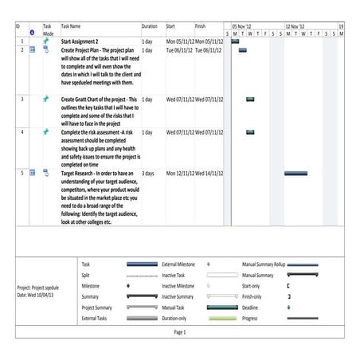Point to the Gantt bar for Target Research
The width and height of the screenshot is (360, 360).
(x=295, y=173)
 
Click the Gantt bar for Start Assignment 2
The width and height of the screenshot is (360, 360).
(x=235, y=41)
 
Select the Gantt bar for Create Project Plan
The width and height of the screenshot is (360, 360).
(x=242, y=49)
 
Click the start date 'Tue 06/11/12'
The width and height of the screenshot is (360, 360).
(x=180, y=49)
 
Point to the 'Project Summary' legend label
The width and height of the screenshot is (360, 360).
(x=97, y=307)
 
